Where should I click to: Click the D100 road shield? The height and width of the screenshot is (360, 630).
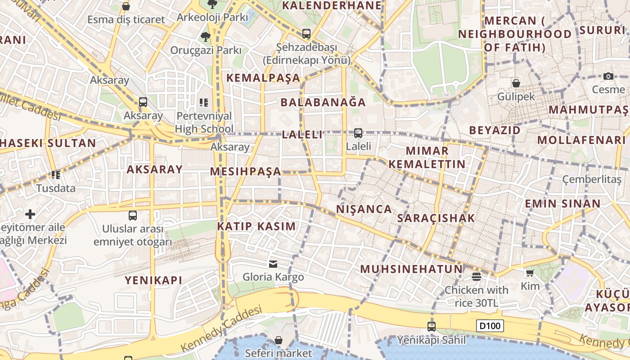click(x=490, y=325)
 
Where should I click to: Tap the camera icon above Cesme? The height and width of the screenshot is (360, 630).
click(x=608, y=76)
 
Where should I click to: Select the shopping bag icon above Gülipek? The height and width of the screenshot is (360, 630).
click(x=516, y=83)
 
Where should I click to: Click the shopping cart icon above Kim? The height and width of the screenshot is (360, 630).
click(x=530, y=273)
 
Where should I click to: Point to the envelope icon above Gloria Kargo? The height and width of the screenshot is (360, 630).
click(x=273, y=264)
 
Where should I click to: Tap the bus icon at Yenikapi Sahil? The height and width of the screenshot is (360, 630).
click(x=431, y=326)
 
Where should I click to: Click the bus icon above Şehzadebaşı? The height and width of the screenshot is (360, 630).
click(x=306, y=33)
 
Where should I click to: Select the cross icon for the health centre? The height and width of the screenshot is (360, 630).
click(x=30, y=214)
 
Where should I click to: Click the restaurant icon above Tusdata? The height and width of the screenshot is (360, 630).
click(x=56, y=175)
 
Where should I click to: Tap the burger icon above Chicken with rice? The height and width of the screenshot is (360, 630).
click(x=476, y=276)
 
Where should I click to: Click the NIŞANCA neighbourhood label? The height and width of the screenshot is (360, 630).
click(x=364, y=209)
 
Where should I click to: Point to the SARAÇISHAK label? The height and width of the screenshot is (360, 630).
click(x=436, y=218)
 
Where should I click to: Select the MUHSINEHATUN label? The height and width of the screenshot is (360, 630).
click(x=411, y=270)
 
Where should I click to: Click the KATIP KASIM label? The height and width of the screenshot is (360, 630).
click(x=256, y=226)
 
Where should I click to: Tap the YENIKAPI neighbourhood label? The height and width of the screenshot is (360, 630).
click(x=153, y=280)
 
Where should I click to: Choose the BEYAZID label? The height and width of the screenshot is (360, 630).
click(x=495, y=130)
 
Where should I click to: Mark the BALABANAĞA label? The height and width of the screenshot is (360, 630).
click(x=323, y=102)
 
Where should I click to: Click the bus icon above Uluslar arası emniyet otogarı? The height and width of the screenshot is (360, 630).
click(x=133, y=215)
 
